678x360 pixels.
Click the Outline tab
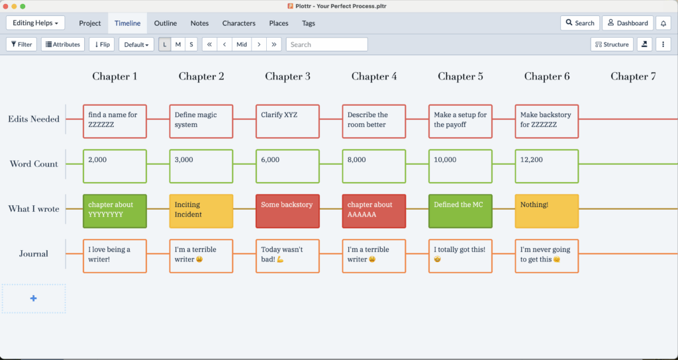165,23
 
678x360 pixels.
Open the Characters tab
238,23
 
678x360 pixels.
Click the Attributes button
63,44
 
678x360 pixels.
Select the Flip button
101,44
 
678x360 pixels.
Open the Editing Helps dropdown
36,23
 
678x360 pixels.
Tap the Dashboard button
628,23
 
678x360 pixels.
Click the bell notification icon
663,23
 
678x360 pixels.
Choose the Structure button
612,44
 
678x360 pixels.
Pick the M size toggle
177,44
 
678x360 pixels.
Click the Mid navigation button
242,44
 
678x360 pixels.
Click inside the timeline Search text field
327,44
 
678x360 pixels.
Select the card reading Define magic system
201,122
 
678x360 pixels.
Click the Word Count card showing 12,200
546,166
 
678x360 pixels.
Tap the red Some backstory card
287,211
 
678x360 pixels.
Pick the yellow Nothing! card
546,211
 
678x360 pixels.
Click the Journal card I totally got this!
461,256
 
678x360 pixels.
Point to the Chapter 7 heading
633,77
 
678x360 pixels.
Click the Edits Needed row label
34,119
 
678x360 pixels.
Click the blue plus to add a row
33,298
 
